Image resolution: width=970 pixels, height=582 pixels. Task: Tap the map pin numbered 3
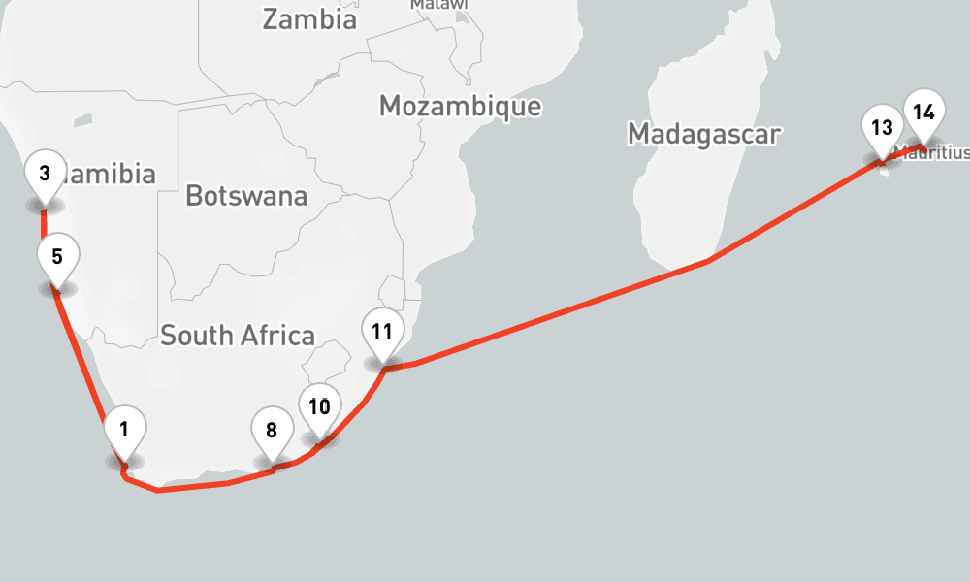tap(45, 175)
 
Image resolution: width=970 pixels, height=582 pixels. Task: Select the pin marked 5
tap(57, 257)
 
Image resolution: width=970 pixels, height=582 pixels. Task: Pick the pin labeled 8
tap(272, 431)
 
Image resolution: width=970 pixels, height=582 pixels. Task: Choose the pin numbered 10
tap(320, 406)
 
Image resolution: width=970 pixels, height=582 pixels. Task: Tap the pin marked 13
tap(882, 128)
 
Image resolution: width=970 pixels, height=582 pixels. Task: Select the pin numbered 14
tap(923, 113)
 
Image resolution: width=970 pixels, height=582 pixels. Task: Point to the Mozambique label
tap(460, 106)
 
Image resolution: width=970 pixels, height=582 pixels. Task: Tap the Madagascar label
tap(703, 134)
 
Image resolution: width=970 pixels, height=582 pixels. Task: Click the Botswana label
tap(246, 196)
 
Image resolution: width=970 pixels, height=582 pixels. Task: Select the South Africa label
tap(238, 336)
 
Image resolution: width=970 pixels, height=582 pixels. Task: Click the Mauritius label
tap(935, 152)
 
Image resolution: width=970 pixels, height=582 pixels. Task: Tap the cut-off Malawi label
tap(438, 5)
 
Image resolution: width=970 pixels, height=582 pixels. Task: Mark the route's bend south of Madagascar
tap(709, 261)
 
